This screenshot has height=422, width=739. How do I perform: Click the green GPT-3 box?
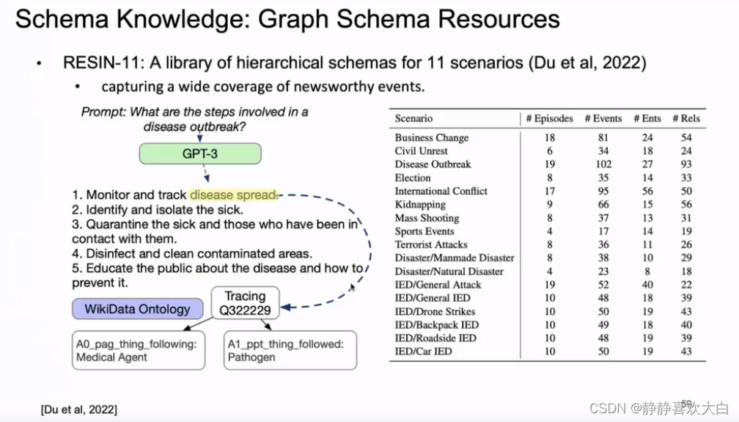point(200,153)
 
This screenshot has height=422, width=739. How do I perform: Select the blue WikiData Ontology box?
point(137,309)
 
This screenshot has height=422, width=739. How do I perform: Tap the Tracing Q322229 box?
point(245,303)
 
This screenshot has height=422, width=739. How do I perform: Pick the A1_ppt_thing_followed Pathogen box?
point(290,350)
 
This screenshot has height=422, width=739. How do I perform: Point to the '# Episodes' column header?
point(549,118)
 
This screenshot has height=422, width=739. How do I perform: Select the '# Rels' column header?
point(686,118)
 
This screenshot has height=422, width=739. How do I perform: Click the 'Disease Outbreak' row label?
point(433,164)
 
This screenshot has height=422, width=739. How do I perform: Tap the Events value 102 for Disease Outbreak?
point(603,164)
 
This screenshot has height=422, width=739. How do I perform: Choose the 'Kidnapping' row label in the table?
point(420,205)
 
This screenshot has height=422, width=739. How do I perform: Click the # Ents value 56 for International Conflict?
point(647,191)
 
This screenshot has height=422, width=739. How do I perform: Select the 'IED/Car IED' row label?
point(424,352)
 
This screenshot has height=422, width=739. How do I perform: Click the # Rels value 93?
point(686,164)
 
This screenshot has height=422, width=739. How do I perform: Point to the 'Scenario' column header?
point(413,118)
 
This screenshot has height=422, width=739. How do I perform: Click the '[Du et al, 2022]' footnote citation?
point(78,409)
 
